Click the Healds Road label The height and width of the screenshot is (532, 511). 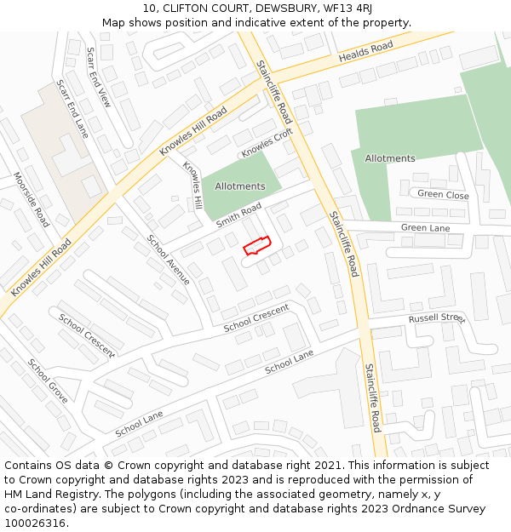(x=365, y=51)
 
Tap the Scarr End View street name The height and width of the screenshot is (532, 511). (x=98, y=76)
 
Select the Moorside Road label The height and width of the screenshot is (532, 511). (x=32, y=199)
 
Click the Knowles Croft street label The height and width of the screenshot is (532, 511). (x=267, y=142)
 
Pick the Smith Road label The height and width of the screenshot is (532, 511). (x=238, y=215)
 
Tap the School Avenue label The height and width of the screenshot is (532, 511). (x=168, y=259)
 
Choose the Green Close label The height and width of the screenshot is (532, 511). (x=443, y=195)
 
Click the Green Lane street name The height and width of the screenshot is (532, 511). (x=425, y=228)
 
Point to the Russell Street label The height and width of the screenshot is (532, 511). (x=437, y=318)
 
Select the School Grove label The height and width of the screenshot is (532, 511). (x=48, y=380)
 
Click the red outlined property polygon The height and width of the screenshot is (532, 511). (x=256, y=246)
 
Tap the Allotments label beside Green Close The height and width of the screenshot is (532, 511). (x=390, y=158)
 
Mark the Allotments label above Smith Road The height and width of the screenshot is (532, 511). (x=240, y=186)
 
